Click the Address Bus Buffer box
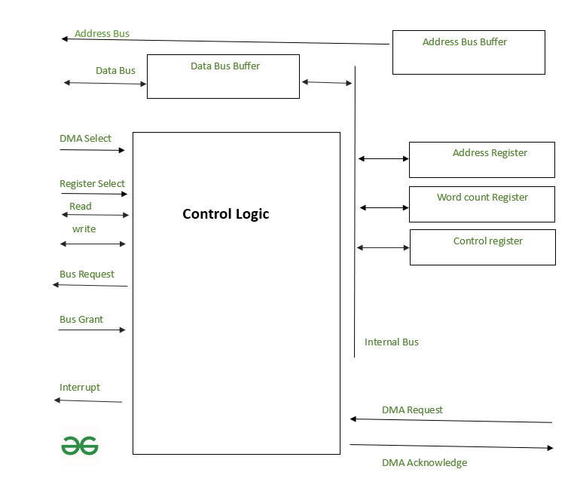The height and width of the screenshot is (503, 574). tap(469, 52)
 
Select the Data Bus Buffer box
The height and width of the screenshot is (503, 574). tap(223, 76)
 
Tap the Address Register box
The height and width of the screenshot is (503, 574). tap(481, 159)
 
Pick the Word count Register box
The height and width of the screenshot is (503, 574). tap(481, 204)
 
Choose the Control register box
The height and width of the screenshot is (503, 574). tap(482, 247)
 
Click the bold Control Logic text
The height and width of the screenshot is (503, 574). tap(225, 214)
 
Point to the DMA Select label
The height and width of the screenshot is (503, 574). tap(85, 139)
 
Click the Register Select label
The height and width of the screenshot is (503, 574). tap(92, 184)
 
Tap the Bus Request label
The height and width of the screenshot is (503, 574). tap(87, 275)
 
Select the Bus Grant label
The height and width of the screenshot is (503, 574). tap(81, 320)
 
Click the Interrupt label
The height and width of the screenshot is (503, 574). tap(80, 388)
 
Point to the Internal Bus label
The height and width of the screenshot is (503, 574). tap(391, 342)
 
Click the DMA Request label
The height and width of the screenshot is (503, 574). tap(412, 410)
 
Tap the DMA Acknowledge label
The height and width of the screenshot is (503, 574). tap(424, 463)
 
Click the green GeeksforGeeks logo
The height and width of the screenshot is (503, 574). tap(80, 446)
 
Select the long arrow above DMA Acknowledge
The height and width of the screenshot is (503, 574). tap(451, 446)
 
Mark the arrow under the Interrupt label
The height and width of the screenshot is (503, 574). tap(88, 400)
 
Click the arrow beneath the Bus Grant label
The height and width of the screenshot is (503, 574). tap(92, 330)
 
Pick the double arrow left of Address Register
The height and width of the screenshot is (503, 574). tap(383, 158)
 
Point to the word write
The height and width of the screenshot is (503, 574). tap(84, 229)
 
